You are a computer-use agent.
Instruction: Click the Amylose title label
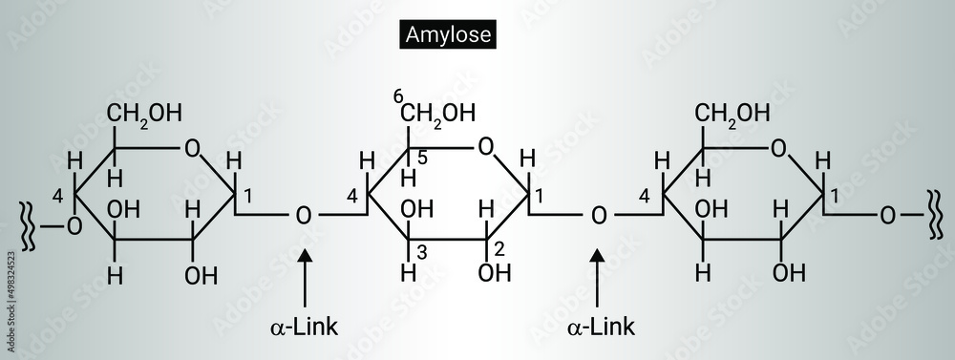(x=447, y=36)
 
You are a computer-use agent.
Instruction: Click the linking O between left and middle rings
(x=304, y=215)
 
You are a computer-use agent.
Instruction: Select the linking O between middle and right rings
(x=599, y=215)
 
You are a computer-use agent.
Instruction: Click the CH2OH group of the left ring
(x=144, y=113)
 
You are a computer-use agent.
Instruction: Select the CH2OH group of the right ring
(x=732, y=113)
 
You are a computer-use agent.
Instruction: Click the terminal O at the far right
(x=888, y=215)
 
